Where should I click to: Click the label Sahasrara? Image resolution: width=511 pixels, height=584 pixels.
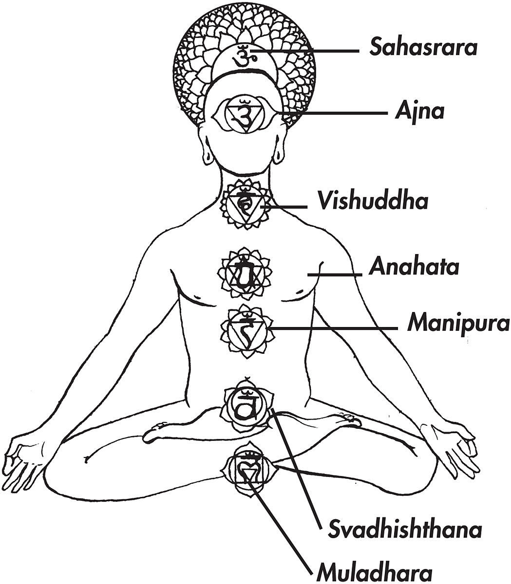coord(423,48)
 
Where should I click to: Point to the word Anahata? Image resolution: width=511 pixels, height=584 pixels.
coord(414,268)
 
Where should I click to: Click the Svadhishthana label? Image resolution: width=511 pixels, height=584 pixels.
coord(405,529)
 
